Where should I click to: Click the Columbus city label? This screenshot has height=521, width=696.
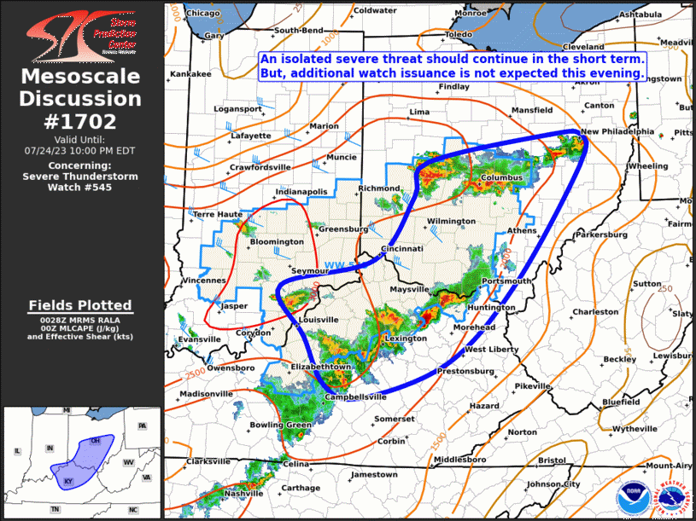(x=501, y=177)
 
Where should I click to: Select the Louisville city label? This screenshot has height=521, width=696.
(x=318, y=320)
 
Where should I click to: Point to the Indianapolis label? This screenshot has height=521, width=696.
(x=301, y=192)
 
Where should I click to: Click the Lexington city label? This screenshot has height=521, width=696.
(x=406, y=339)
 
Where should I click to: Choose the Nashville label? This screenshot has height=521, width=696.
(x=243, y=494)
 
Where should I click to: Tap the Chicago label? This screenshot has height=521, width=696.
(x=203, y=13)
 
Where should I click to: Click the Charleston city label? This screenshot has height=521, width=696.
(x=595, y=312)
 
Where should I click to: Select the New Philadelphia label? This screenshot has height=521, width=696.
(x=617, y=132)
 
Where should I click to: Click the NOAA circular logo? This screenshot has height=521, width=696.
(x=632, y=494)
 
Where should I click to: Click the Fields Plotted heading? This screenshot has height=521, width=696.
(x=80, y=304)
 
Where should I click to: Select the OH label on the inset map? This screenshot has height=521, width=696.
(x=95, y=440)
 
